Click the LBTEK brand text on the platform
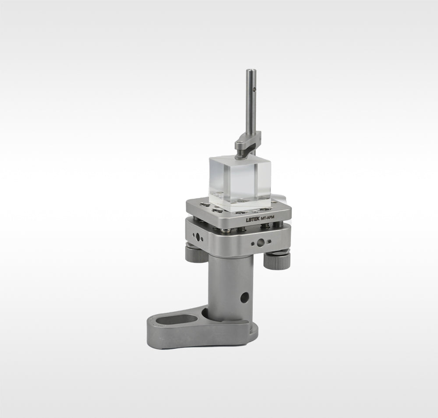click(x=253, y=220)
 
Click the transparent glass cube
click(x=240, y=182)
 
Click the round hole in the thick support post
click(x=245, y=298)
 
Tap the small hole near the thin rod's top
click(x=254, y=90)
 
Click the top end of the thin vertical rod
click(x=251, y=71)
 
